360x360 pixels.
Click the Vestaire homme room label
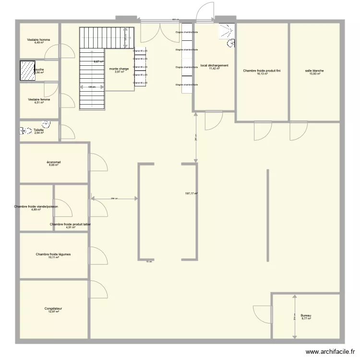click(x=39, y=40)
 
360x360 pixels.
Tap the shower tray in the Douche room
click(x=27, y=71)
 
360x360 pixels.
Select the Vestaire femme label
click(x=39, y=99)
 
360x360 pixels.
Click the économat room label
click(x=54, y=162)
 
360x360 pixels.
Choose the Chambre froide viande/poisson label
click(x=36, y=206)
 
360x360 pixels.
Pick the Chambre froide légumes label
click(x=53, y=254)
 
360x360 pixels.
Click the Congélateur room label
click(x=53, y=309)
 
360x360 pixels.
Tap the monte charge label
click(x=119, y=69)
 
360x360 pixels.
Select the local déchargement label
click(x=214, y=66)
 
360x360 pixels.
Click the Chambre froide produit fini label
click(x=262, y=71)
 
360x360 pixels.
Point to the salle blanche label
click(x=314, y=71)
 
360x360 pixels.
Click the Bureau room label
click(x=306, y=315)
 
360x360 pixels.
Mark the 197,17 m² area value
click(x=192, y=193)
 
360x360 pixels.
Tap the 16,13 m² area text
click(x=262, y=74)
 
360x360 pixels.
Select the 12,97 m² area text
click(x=53, y=312)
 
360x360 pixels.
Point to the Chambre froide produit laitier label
click(x=71, y=224)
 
